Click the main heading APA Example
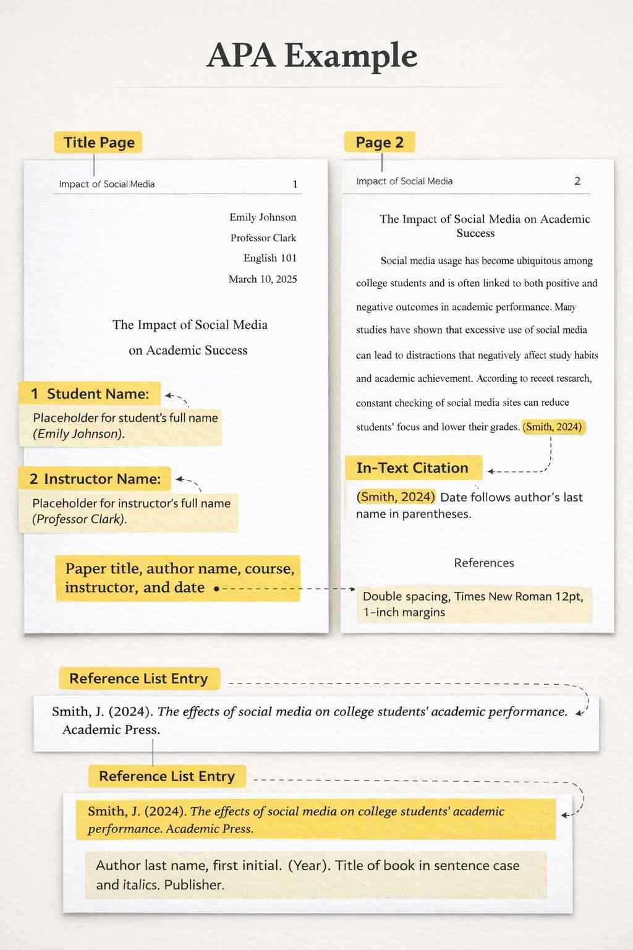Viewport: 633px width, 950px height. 312,56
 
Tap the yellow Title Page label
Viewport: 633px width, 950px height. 99,142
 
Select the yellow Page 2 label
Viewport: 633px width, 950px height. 380,142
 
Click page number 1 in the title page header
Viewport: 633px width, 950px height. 295,184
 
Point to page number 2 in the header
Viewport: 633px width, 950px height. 577,181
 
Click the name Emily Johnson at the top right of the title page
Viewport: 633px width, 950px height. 263,217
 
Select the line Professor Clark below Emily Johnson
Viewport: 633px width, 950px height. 263,237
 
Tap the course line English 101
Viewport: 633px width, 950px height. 270,258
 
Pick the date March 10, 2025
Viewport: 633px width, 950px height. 263,279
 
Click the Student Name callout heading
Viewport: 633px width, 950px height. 90,394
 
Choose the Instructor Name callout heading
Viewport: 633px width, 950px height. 95,479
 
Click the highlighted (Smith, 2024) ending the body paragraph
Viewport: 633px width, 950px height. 553,427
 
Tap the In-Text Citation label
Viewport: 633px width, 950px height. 412,468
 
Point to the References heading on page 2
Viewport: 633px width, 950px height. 484,563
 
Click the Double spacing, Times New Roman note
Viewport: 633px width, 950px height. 473,604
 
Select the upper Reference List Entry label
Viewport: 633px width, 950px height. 138,678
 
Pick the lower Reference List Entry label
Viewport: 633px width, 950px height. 167,776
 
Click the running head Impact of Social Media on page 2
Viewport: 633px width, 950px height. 404,181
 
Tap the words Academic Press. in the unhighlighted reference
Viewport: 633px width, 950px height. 111,730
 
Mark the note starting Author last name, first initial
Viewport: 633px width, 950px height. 308,875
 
